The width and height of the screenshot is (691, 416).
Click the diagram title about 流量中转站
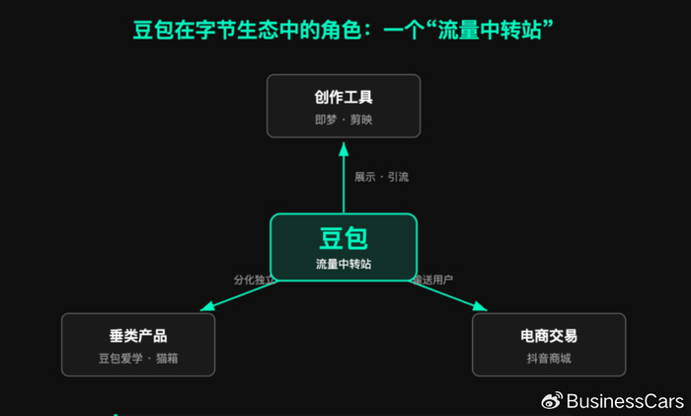coord(343,30)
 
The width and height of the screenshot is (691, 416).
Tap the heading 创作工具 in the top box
coord(344,98)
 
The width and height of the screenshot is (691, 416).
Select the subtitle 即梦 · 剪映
coord(344,120)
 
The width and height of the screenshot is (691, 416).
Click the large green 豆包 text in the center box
coord(344,238)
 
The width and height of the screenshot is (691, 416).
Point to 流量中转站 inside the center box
coord(344,264)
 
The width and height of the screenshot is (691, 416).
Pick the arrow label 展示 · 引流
coord(382,177)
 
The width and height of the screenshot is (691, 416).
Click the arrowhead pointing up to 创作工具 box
coord(344,149)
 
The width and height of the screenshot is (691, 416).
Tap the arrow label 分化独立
coord(255,280)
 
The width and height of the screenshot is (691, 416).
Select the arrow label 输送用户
coord(432,280)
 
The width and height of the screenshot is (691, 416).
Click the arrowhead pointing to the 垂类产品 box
coord(207,306)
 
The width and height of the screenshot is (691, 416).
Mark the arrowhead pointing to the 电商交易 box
coord(480,306)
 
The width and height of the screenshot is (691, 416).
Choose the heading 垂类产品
coord(138,336)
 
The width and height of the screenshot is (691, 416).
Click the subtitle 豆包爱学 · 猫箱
coord(138,359)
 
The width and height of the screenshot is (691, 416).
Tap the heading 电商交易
coord(549,336)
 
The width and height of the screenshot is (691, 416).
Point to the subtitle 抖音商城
coord(549,359)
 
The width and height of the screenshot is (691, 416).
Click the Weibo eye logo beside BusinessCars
coord(552,400)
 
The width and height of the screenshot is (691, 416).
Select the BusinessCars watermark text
coord(625,401)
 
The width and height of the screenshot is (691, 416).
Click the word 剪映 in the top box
coord(361,120)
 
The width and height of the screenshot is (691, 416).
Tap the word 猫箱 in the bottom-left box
coord(167,359)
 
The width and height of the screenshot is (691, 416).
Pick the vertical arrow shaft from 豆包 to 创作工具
coord(344,185)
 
